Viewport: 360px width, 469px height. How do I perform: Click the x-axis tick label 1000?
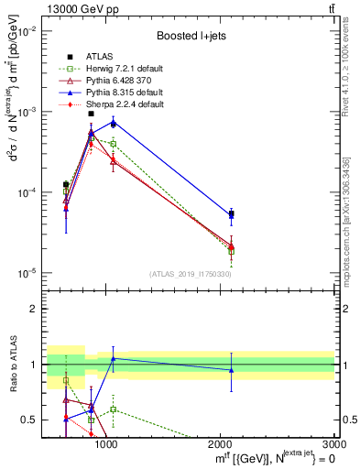click(105, 445)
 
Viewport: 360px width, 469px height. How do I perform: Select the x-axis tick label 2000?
click(221, 445)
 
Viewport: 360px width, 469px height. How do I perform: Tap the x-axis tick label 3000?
click(334, 445)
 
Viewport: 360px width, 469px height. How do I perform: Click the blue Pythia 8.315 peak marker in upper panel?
click(113, 121)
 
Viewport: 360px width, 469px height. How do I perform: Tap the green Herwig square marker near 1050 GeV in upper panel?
click(113, 144)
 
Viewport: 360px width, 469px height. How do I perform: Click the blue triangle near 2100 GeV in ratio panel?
click(231, 370)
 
